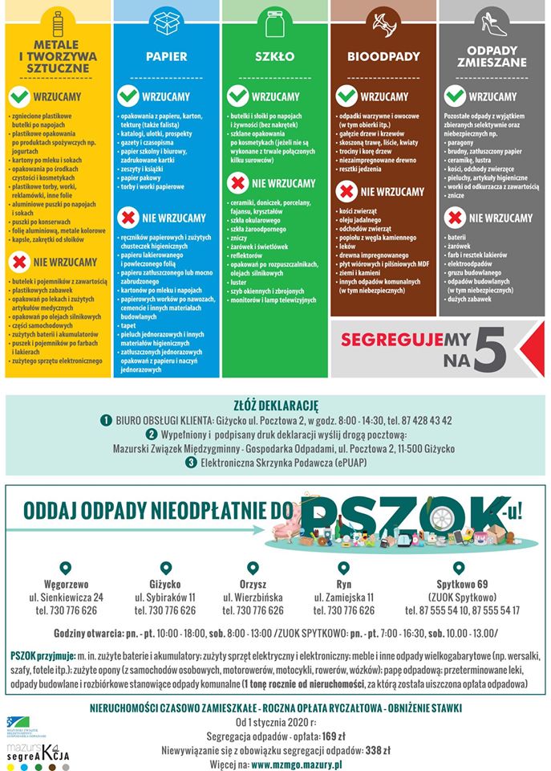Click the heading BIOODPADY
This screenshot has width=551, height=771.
pyautogui.click(x=383, y=57)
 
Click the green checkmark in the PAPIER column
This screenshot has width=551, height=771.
pyautogui.click(x=128, y=96)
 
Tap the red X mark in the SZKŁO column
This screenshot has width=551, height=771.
pyautogui.click(x=237, y=183)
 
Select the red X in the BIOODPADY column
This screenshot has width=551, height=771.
pyautogui.click(x=346, y=191)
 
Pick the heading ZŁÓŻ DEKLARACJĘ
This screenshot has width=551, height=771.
pyautogui.click(x=275, y=405)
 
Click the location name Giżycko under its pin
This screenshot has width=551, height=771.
pyautogui.click(x=165, y=584)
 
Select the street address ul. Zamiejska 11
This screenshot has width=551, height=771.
pyautogui.click(x=343, y=598)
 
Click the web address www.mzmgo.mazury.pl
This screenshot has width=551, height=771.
pyautogui.click(x=297, y=765)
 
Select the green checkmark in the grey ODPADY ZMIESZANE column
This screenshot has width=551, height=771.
pyautogui.click(x=456, y=96)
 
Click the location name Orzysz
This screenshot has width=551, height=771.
pyautogui.click(x=253, y=584)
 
